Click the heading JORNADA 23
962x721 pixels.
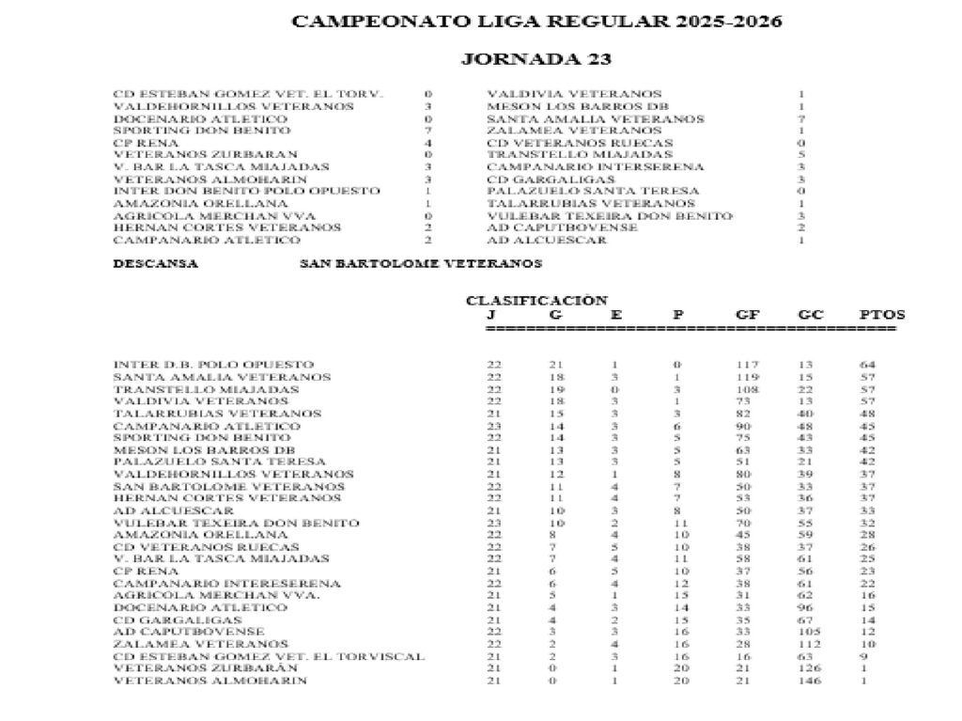click(536, 59)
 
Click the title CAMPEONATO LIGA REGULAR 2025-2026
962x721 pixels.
click(536, 22)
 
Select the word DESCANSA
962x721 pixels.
click(156, 264)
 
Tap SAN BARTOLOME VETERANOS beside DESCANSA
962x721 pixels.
click(420, 264)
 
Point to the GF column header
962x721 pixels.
click(749, 315)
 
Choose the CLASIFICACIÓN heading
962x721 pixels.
click(536, 301)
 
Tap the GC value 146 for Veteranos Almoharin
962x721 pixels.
click(809, 681)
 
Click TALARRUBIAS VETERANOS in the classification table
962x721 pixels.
click(204, 413)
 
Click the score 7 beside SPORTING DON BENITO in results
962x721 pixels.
click(427, 131)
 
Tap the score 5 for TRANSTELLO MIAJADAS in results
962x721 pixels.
click(801, 155)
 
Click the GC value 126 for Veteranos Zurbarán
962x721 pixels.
click(809, 668)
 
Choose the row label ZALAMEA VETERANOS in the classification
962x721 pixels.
click(187, 644)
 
